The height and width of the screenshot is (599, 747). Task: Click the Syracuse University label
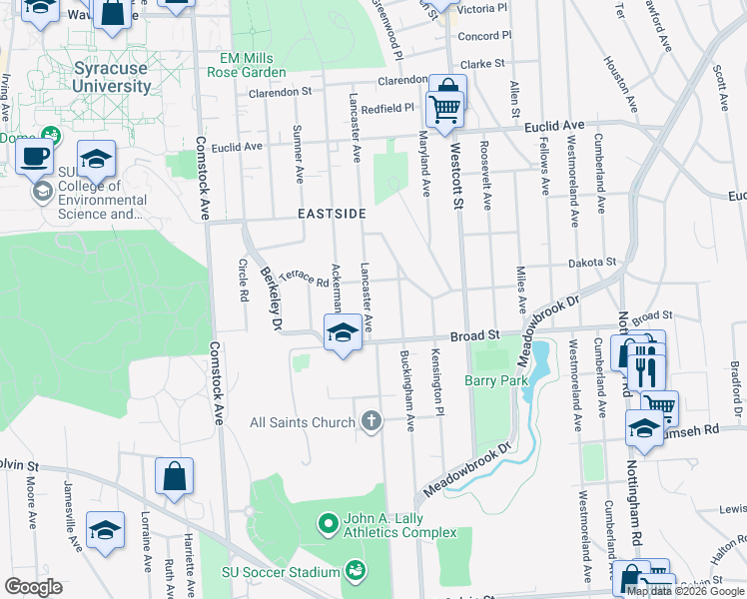click(x=112, y=77)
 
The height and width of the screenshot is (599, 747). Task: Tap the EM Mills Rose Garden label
click(x=247, y=65)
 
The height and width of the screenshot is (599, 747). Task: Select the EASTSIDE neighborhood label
click(x=331, y=214)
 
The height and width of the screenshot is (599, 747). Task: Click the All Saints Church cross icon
click(x=372, y=421)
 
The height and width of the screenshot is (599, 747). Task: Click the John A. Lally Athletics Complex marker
click(x=327, y=522)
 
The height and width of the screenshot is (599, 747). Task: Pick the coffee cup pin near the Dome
click(x=37, y=158)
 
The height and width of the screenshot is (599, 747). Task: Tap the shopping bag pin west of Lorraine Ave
click(x=174, y=477)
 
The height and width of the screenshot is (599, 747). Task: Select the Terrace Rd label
click(x=305, y=279)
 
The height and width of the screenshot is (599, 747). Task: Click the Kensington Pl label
click(x=436, y=382)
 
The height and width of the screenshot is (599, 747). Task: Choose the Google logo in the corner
click(x=33, y=587)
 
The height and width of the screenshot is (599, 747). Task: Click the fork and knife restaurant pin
click(x=644, y=367)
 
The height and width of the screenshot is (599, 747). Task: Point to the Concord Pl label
click(x=484, y=36)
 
